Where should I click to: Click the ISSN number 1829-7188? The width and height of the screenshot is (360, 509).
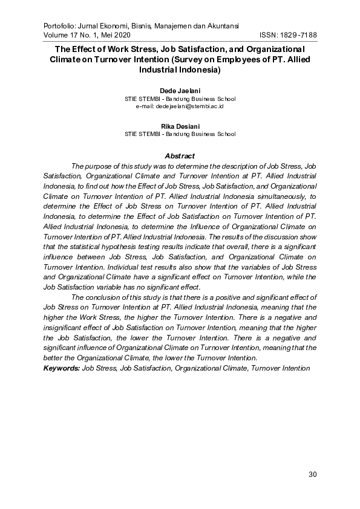(296, 35)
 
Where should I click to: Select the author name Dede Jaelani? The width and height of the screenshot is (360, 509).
(180, 91)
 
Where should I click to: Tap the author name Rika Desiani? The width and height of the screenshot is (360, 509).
(180, 126)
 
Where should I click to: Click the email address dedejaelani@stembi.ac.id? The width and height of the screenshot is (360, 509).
(180, 106)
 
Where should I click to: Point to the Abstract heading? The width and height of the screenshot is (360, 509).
(180, 156)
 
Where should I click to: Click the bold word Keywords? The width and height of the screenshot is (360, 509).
(61, 367)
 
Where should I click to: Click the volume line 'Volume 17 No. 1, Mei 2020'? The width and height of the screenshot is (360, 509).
(87, 35)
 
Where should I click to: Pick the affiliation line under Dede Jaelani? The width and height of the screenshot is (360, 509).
(180, 99)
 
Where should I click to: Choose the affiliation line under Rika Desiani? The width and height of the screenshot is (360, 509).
(180, 134)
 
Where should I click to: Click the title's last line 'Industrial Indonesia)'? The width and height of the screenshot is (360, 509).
(180, 70)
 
